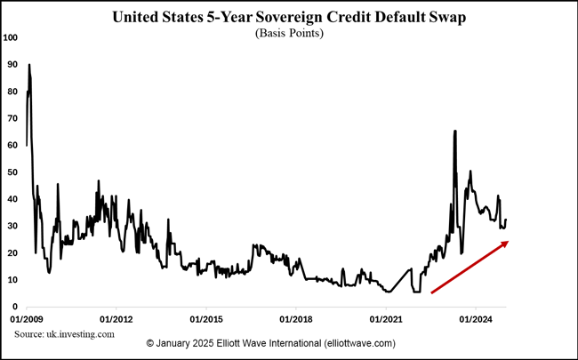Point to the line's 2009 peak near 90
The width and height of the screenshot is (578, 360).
[x=29, y=65]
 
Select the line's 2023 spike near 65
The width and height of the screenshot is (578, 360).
[x=455, y=131]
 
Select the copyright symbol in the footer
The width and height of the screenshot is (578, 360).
[x=149, y=344]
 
